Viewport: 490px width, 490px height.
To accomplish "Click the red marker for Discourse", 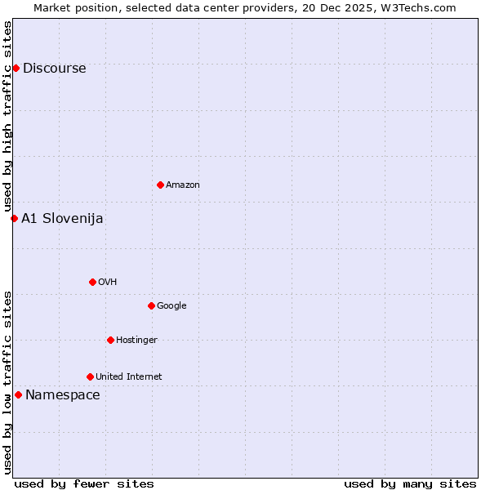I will point(16,68).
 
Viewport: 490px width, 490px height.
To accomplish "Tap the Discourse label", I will point(54,69).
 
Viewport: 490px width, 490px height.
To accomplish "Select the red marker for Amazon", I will point(160,185).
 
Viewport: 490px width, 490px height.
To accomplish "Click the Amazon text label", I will point(183,185).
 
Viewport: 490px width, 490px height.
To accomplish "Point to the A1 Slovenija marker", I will point(14,218).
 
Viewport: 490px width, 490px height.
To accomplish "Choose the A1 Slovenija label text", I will point(62,219).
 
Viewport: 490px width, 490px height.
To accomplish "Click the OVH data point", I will point(92,282).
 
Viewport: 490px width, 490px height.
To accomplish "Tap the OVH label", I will point(107,283).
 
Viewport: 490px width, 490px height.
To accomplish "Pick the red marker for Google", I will point(151,305).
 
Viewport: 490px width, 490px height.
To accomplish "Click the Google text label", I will point(171,306).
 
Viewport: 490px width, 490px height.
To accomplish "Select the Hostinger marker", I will point(110,340).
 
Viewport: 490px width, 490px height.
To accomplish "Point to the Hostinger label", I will point(136,341).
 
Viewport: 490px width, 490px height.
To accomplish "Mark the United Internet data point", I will point(90,376).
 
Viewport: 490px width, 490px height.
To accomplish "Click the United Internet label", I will point(128,377).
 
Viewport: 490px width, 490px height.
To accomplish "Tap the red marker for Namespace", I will point(18,394).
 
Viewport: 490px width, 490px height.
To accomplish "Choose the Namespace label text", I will point(63,395).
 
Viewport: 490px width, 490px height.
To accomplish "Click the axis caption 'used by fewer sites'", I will point(84,483).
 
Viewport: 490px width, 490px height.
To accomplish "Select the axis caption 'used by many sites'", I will point(410,483).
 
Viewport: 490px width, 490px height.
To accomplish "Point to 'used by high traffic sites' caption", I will point(7,117).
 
